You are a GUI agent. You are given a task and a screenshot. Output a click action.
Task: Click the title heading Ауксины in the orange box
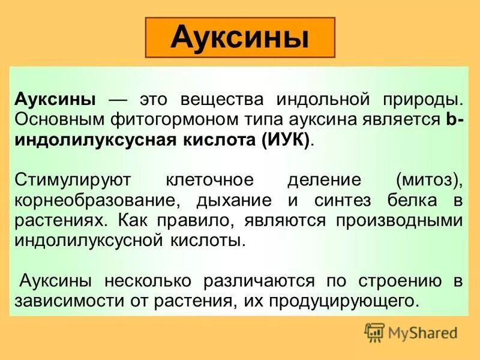click(x=239, y=37)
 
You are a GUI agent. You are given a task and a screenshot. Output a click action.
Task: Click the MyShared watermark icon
click(x=375, y=332)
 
